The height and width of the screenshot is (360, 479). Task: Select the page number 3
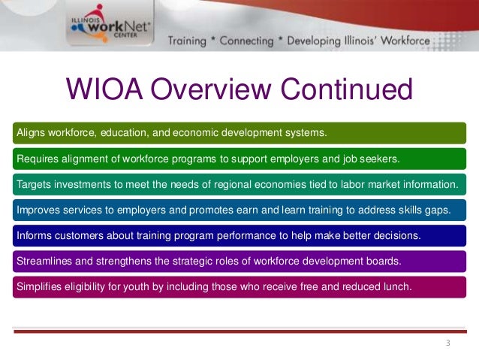tap(447, 343)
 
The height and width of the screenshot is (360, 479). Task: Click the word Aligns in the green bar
tap(32, 133)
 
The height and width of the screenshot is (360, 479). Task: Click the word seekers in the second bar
tap(380, 159)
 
